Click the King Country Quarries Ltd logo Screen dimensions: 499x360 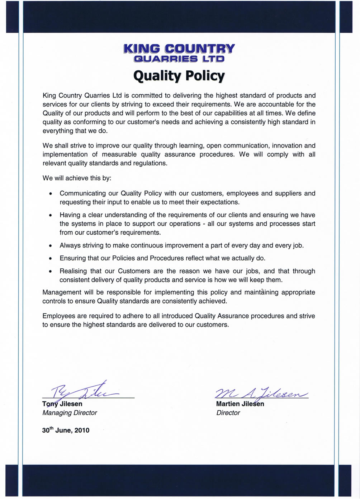[179, 53]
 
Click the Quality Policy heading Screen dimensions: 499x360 [179, 76]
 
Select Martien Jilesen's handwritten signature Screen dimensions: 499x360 [261, 393]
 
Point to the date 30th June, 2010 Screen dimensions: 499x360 [66, 430]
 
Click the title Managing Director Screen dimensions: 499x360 [70, 413]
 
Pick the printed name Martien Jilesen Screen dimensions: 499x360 [240, 404]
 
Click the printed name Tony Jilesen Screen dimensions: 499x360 [62, 404]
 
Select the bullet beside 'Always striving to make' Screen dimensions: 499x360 [51, 246]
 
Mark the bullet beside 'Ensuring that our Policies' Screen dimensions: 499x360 [51, 259]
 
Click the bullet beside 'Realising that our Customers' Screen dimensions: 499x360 [51, 272]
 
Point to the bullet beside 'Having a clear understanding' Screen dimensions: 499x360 [51, 216]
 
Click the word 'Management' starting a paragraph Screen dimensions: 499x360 [62, 292]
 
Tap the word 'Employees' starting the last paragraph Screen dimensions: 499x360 [59, 316]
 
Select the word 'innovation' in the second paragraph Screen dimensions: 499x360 [287, 146]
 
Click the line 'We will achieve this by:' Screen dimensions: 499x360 [77, 178]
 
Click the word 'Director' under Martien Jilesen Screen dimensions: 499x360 [228, 413]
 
